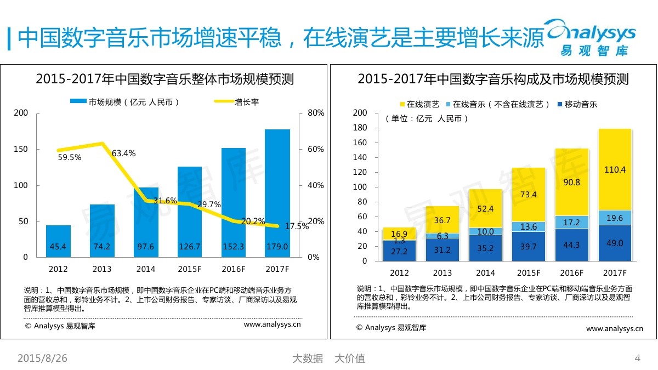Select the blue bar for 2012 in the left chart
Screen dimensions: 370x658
tap(58, 241)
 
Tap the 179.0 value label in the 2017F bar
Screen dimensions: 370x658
tap(277, 247)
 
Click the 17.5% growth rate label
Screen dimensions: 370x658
tap(298, 226)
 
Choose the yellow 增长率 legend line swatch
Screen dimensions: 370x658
tap(223, 102)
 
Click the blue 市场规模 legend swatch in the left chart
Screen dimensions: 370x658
tap(78, 102)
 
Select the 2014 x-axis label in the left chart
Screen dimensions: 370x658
tap(146, 269)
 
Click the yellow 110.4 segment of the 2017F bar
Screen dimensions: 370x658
tap(615, 169)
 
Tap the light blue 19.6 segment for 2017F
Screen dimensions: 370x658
tap(615, 218)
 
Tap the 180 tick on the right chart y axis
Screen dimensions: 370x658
tap(360, 128)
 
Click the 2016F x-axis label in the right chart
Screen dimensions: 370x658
tap(571, 273)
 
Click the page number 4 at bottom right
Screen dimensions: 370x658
tap(637, 358)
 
